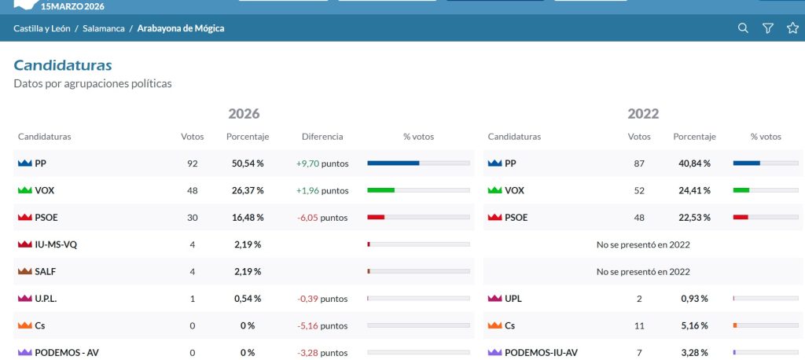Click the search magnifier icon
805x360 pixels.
click(x=743, y=28)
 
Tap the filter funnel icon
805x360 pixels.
click(x=767, y=28)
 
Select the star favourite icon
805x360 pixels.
click(x=792, y=28)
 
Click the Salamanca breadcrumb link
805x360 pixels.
click(x=104, y=28)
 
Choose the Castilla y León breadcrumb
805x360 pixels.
click(x=42, y=28)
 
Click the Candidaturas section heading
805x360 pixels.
click(x=63, y=65)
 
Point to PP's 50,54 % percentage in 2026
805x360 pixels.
click(x=248, y=163)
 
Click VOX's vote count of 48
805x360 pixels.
click(x=192, y=190)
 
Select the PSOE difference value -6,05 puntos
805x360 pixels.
click(x=322, y=218)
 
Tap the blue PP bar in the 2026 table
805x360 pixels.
click(x=393, y=163)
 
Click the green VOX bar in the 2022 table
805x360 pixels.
click(x=741, y=190)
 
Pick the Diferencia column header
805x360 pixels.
click(x=322, y=137)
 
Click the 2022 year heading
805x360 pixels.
click(x=643, y=113)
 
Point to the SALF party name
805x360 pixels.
click(x=45, y=272)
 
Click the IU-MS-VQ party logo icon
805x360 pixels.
click(x=24, y=244)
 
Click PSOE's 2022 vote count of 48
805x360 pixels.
click(x=639, y=218)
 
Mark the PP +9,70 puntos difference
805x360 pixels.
click(x=322, y=163)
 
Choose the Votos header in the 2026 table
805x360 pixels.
click(x=192, y=137)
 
